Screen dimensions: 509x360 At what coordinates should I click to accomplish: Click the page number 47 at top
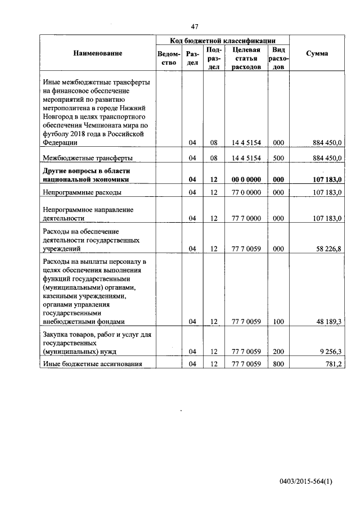195,26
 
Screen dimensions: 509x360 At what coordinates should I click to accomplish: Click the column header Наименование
97,53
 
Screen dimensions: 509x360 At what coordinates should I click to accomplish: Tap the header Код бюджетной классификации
222,40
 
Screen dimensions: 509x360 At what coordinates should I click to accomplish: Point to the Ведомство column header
168,58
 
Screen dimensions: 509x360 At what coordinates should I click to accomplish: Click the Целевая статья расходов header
246,58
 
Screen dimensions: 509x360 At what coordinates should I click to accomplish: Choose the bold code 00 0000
246,179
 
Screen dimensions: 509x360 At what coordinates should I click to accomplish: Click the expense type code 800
278,363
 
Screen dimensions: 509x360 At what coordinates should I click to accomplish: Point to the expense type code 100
278,321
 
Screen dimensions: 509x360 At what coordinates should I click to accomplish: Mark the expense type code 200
278,351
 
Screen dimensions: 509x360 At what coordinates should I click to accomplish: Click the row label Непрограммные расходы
82,192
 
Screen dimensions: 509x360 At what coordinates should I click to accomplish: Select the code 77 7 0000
246,218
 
